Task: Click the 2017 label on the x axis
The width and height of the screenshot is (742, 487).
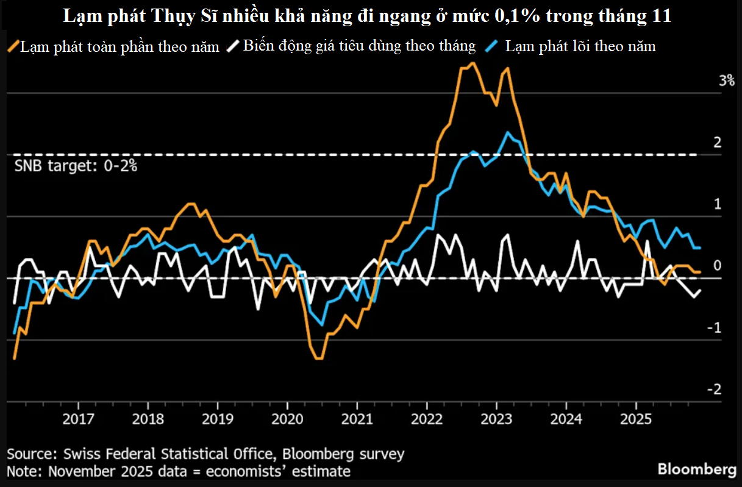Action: pyautogui.click(x=79, y=420)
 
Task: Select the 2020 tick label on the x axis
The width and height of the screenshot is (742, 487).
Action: pyautogui.click(x=288, y=420)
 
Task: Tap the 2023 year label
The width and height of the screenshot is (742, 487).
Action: pyautogui.click(x=496, y=420)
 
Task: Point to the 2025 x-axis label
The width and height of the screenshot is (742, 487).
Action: pyautogui.click(x=636, y=420)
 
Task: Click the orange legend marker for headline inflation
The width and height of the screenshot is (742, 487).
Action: pyautogui.click(x=13, y=46)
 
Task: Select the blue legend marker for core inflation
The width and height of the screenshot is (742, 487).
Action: pyautogui.click(x=493, y=46)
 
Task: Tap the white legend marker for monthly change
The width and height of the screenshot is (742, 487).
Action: pyautogui.click(x=233, y=46)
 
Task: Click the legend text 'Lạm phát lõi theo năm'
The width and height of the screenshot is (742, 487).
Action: pyautogui.click(x=580, y=46)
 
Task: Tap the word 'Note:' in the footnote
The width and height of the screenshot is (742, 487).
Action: pyautogui.click(x=25, y=471)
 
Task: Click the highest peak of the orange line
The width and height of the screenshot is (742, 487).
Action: pyautogui.click(x=473, y=63)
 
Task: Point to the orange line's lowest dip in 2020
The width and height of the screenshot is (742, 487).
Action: pyautogui.click(x=319, y=358)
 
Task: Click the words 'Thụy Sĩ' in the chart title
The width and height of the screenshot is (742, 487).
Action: pyautogui.click(x=182, y=16)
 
